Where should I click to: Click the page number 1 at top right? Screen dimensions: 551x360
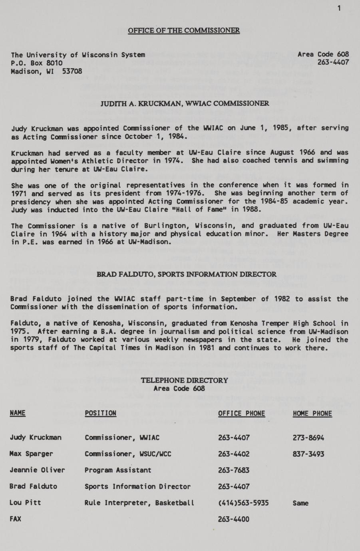(x=339, y=8)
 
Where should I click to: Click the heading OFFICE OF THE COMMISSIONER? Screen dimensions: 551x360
(x=184, y=30)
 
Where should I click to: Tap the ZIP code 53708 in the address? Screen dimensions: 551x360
(x=72, y=71)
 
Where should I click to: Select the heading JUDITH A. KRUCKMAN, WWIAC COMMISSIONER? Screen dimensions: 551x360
(x=185, y=103)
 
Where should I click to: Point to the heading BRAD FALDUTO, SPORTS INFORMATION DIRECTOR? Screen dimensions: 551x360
(x=187, y=274)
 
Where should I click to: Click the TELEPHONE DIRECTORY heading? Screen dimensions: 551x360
(x=184, y=380)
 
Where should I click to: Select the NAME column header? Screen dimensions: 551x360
(x=18, y=413)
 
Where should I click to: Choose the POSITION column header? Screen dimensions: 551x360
(x=100, y=413)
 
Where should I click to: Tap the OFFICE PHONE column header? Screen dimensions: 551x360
(x=241, y=413)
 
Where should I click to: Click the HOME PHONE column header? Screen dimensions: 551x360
(x=312, y=413)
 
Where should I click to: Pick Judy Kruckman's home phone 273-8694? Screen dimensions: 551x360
(x=308, y=438)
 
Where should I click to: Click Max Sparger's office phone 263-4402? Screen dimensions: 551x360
(x=234, y=454)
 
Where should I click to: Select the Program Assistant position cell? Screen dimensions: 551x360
(x=118, y=470)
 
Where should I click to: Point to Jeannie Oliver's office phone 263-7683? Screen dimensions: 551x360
(x=234, y=470)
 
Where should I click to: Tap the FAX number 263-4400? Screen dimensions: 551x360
(x=234, y=519)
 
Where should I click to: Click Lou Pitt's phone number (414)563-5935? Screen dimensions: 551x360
(x=243, y=503)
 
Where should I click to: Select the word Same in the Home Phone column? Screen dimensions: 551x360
(x=300, y=503)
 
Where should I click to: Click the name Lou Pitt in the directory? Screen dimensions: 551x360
(x=25, y=503)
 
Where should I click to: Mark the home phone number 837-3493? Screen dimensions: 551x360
(x=308, y=454)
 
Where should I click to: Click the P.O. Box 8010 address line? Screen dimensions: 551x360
(x=37, y=63)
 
